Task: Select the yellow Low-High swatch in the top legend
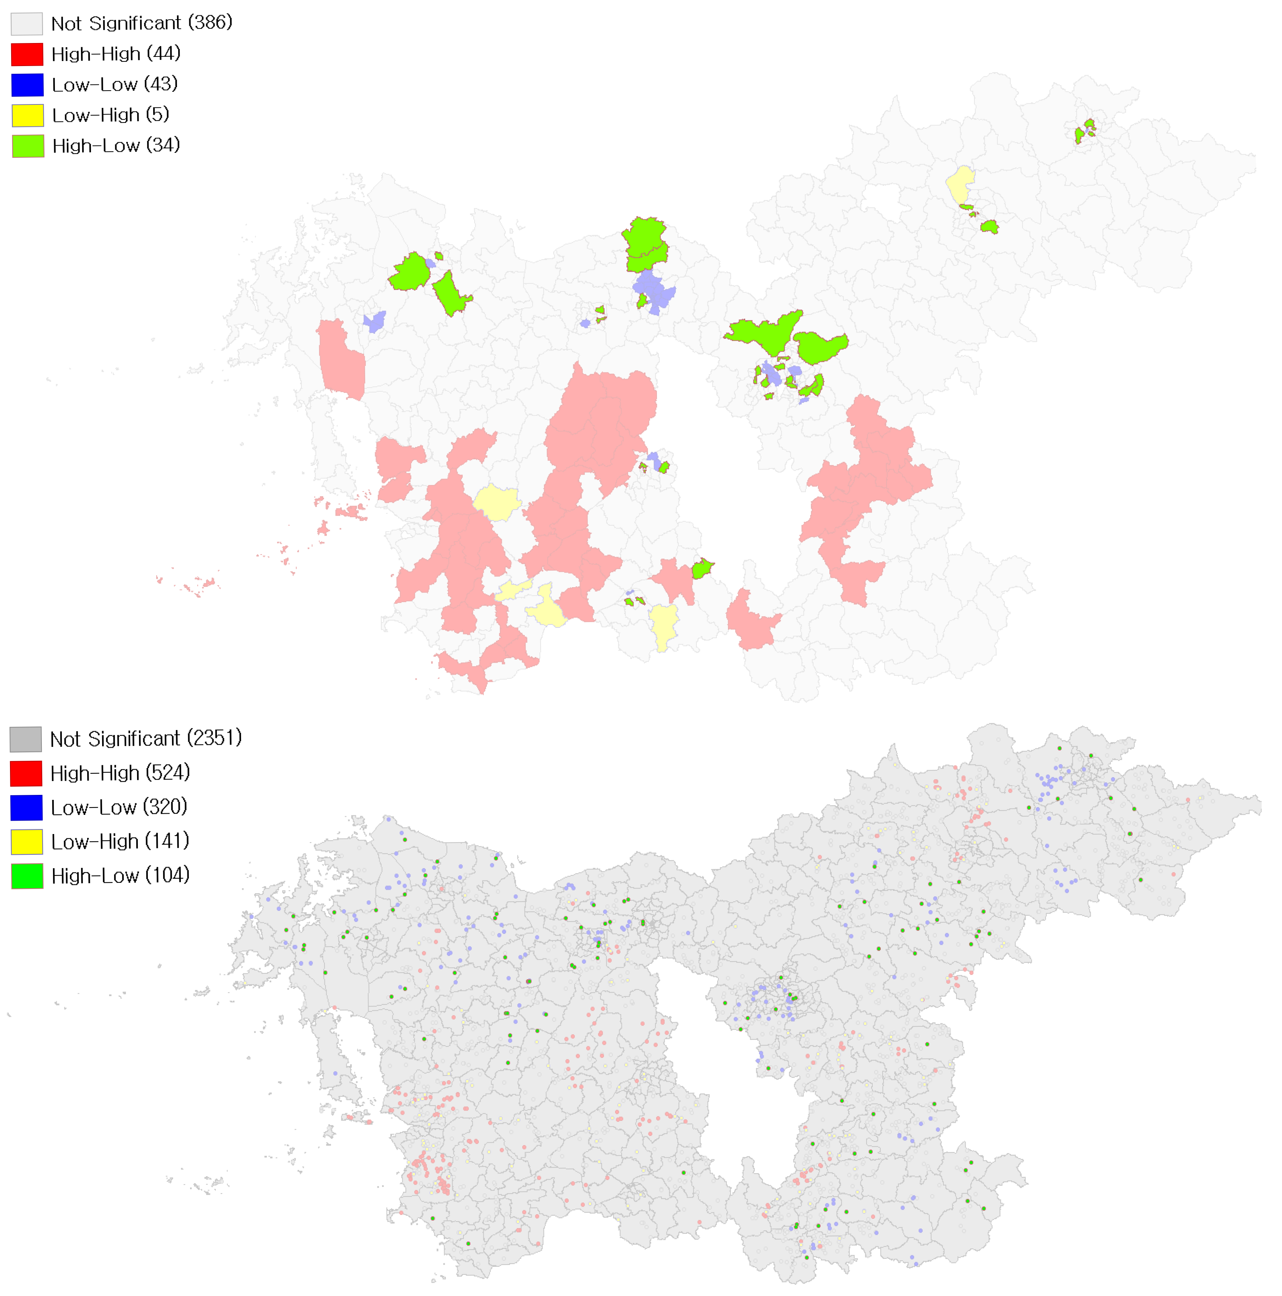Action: (28, 115)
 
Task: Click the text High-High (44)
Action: (116, 54)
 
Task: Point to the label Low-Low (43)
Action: (115, 84)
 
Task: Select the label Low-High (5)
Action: (111, 115)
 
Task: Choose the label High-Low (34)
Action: (116, 146)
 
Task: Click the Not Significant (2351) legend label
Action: (146, 738)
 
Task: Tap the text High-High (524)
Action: (120, 773)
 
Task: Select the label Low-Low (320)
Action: (119, 807)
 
